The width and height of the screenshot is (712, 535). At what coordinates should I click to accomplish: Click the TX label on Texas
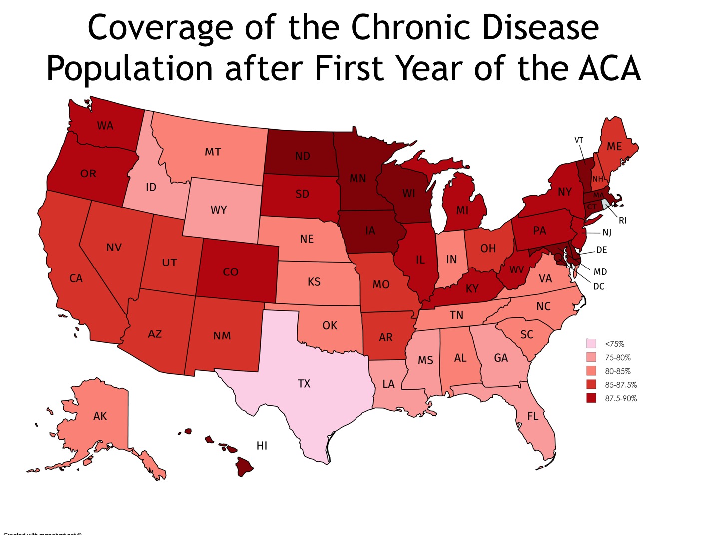pyautogui.click(x=304, y=383)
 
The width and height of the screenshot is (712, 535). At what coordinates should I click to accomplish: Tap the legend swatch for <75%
pyautogui.click(x=591, y=344)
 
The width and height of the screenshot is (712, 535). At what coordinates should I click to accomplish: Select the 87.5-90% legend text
pyautogui.click(x=621, y=398)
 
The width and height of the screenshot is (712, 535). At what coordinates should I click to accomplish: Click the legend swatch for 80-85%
pyautogui.click(x=591, y=371)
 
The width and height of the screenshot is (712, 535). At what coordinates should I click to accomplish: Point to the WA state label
pyautogui.click(x=105, y=126)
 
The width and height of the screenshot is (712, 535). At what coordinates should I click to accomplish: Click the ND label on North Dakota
pyautogui.click(x=302, y=156)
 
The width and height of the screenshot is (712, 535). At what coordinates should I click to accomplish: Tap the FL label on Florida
pyautogui.click(x=533, y=416)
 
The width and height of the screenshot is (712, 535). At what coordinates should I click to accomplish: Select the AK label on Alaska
pyautogui.click(x=100, y=416)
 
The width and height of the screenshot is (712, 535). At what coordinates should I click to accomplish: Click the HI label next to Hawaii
pyautogui.click(x=262, y=446)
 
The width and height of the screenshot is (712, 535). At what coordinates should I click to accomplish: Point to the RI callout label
pyautogui.click(x=622, y=220)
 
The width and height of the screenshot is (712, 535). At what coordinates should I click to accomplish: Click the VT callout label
pyautogui.click(x=579, y=140)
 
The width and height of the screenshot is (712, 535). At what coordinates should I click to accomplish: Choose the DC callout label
pyautogui.click(x=599, y=286)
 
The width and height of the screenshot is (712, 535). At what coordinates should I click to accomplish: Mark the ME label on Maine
pyautogui.click(x=614, y=146)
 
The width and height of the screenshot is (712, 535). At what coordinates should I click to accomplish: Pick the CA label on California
pyautogui.click(x=76, y=278)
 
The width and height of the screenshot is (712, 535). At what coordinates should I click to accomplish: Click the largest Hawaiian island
pyautogui.click(x=244, y=467)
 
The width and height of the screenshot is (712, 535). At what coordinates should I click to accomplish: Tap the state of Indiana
pyautogui.click(x=451, y=259)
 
